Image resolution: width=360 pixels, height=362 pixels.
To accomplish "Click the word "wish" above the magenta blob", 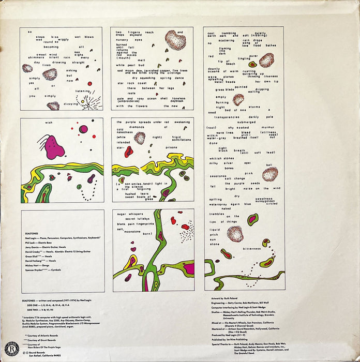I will tap(49, 123).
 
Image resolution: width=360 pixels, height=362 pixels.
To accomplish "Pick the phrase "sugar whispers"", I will tap(129, 213).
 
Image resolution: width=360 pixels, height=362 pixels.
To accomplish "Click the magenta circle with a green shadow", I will tap(83, 129).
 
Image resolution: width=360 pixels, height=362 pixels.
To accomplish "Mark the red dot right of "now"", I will tap(89, 83).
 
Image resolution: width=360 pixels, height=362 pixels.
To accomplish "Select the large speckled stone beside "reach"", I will tap(175, 40).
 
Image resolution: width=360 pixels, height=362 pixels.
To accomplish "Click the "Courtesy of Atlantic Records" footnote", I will tap(41, 335).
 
